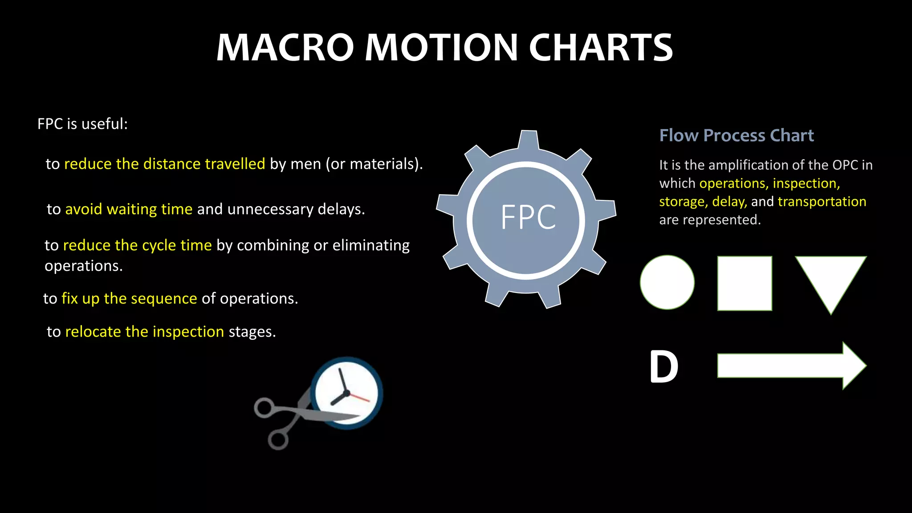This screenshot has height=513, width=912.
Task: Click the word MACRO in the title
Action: point(285,48)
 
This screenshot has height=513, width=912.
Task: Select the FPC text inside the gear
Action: point(528,217)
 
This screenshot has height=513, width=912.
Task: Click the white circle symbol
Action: point(667,282)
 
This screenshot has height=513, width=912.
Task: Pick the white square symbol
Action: point(745,283)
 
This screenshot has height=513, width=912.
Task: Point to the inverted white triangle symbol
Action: point(831,278)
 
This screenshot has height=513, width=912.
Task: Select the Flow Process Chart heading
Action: point(737,135)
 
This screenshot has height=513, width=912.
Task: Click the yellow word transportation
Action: point(822,201)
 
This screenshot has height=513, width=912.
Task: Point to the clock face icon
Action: point(346,392)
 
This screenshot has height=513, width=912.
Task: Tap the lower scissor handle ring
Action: point(278,440)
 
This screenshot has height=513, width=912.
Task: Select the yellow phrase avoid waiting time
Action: point(129,209)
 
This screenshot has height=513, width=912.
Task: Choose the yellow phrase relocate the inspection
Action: point(144,331)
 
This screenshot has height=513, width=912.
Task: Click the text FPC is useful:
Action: point(82,124)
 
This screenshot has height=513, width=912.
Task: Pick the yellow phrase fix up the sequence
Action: point(129,298)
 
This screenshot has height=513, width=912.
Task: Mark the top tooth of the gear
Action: point(529,139)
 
